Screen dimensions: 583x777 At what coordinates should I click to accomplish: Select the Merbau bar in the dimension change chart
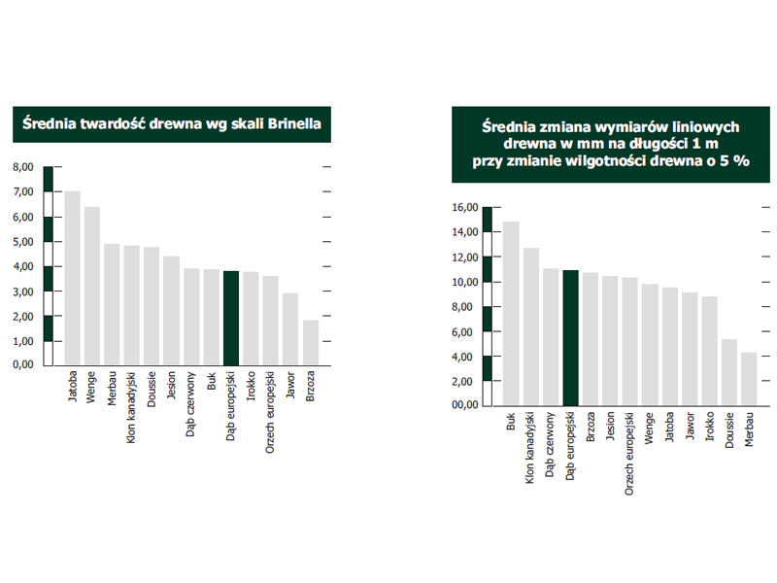click(749, 378)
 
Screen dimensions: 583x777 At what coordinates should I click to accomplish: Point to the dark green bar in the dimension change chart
click(571, 337)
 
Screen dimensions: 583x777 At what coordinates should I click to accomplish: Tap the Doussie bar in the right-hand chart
click(729, 371)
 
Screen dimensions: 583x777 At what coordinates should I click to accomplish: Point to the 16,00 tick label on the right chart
click(465, 207)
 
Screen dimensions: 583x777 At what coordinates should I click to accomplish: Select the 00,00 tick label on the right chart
click(465, 405)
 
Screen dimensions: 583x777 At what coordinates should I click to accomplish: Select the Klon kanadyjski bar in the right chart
click(531, 326)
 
